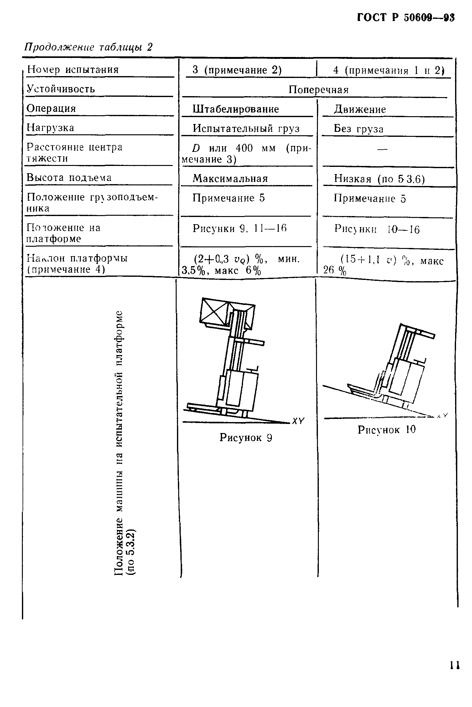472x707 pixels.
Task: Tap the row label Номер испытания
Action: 73,70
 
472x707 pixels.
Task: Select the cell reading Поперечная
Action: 318,90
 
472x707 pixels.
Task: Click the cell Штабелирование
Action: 236,109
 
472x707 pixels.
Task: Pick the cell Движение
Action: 360,110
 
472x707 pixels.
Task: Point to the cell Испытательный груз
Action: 246,129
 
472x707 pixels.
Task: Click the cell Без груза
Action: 359,129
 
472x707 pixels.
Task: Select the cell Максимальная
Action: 230,179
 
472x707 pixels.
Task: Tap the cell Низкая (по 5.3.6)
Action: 379,179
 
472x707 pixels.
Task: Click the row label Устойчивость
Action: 61,89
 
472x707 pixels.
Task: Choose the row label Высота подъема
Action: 69,178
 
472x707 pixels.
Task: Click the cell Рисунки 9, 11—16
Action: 240,229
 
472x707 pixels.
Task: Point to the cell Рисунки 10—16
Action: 377,230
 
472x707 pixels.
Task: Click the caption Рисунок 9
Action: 246,437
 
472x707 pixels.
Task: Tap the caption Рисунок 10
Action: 386,430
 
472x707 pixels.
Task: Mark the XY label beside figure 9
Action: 298,421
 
